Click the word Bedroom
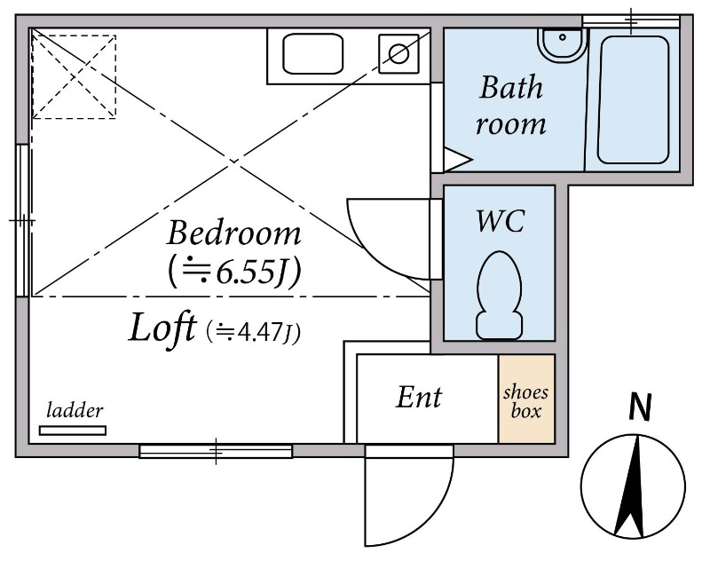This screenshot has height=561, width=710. pyautogui.click(x=233, y=233)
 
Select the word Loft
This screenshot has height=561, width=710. pyautogui.click(x=162, y=328)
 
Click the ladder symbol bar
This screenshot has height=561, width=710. pyautogui.click(x=73, y=431)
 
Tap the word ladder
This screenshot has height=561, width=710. pyautogui.click(x=75, y=411)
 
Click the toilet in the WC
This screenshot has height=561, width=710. pyautogui.click(x=500, y=296)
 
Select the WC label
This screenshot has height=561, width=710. pyautogui.click(x=500, y=221)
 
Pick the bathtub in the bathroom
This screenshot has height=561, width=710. pyautogui.click(x=634, y=99)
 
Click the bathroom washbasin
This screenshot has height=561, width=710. pyautogui.click(x=562, y=44)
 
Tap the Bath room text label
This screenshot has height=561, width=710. pyautogui.click(x=511, y=106)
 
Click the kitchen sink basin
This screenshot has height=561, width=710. pyautogui.click(x=312, y=53)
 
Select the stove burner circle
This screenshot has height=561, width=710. pyautogui.click(x=398, y=54)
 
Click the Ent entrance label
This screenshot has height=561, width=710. pyautogui.click(x=419, y=398)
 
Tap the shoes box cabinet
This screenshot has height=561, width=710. pyautogui.click(x=526, y=399)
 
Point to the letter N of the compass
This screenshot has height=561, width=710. pyautogui.click(x=640, y=407)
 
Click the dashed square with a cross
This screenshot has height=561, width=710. pyautogui.click(x=74, y=77)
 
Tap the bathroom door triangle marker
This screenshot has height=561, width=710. pyautogui.click(x=457, y=160)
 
